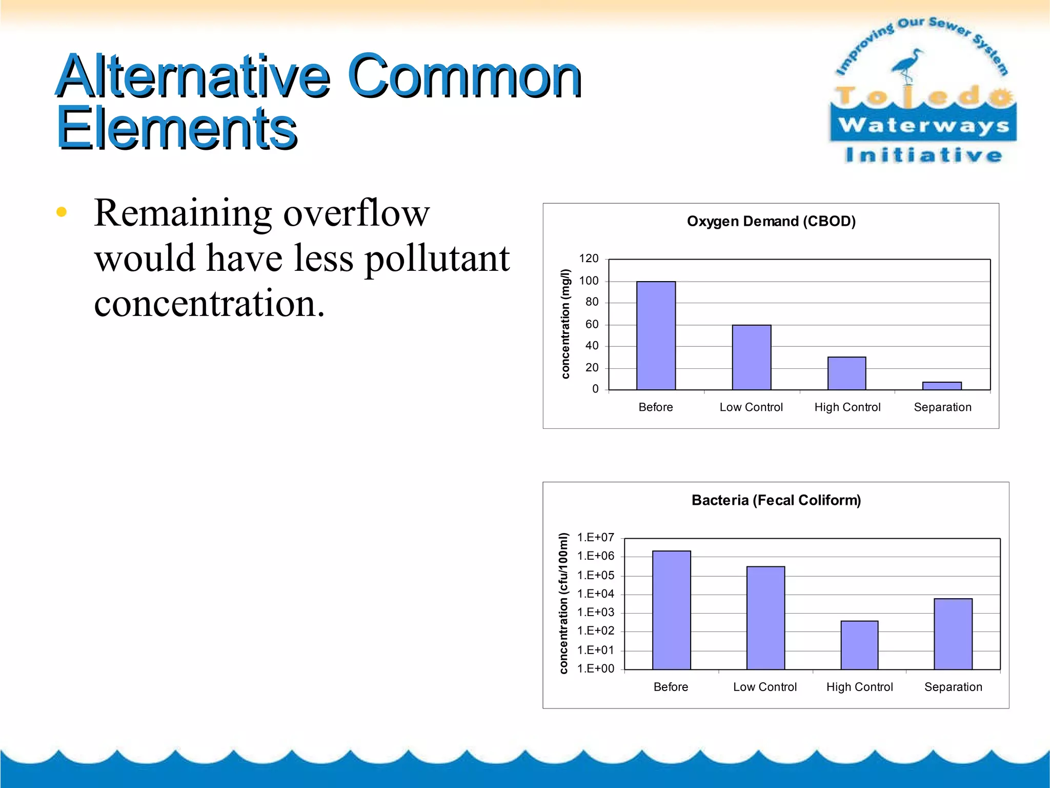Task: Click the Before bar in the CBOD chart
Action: [x=656, y=336]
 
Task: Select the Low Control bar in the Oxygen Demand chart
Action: [x=751, y=358]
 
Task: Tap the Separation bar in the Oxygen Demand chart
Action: [x=942, y=386]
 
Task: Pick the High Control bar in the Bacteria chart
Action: [x=859, y=645]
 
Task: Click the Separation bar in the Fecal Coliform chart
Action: [x=953, y=634]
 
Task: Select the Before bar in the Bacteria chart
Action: [x=671, y=610]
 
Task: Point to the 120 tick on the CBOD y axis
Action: [x=589, y=259]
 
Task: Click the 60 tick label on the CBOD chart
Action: [x=592, y=324]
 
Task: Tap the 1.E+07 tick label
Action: [x=595, y=537]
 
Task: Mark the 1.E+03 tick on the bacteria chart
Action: [x=595, y=612]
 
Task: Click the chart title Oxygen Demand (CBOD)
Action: [x=771, y=221]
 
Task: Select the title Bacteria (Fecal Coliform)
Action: [x=776, y=500]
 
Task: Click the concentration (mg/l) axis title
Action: [x=565, y=324]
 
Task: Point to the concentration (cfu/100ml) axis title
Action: [x=563, y=603]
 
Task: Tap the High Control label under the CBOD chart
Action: [x=847, y=407]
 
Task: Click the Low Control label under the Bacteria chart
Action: [x=764, y=687]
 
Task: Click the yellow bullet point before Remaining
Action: [x=62, y=212]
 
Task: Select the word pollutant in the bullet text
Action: [x=437, y=259]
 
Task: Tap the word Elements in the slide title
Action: [x=177, y=128]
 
